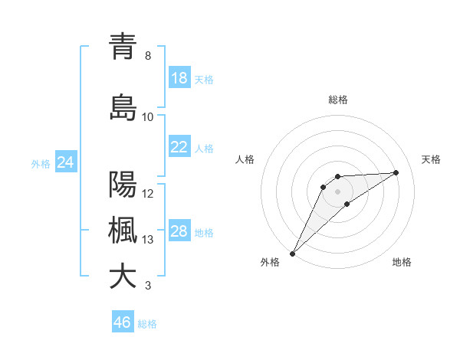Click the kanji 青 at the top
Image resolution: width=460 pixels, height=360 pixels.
(x=123, y=47)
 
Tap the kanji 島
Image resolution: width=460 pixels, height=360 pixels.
(x=123, y=108)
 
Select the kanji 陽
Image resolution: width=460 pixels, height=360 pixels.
(x=123, y=185)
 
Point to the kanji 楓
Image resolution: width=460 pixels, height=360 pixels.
(x=123, y=231)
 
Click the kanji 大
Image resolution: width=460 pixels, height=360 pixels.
(x=123, y=277)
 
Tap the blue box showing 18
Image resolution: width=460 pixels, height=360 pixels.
(x=179, y=78)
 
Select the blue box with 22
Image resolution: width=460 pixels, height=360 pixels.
(x=179, y=147)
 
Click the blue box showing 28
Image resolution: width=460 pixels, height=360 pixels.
(x=179, y=231)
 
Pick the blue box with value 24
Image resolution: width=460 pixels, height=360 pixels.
(x=65, y=162)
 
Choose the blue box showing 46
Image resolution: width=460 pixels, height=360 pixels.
(x=123, y=322)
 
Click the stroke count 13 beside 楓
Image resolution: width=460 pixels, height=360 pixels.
(x=148, y=240)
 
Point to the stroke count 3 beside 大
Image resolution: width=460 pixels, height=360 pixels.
(x=148, y=286)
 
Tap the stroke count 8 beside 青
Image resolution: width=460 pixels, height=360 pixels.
(x=148, y=56)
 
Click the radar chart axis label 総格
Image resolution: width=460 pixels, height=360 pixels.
(x=338, y=100)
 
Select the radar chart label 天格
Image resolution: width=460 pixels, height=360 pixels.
(x=431, y=159)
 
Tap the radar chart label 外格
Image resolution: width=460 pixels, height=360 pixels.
(x=270, y=262)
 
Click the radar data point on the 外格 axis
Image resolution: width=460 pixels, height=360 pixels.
(x=292, y=253)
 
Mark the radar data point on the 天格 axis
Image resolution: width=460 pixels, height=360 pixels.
(x=396, y=172)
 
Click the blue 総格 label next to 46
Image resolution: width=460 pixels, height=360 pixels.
(x=147, y=324)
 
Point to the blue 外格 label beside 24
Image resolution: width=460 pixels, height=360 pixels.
(x=41, y=164)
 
